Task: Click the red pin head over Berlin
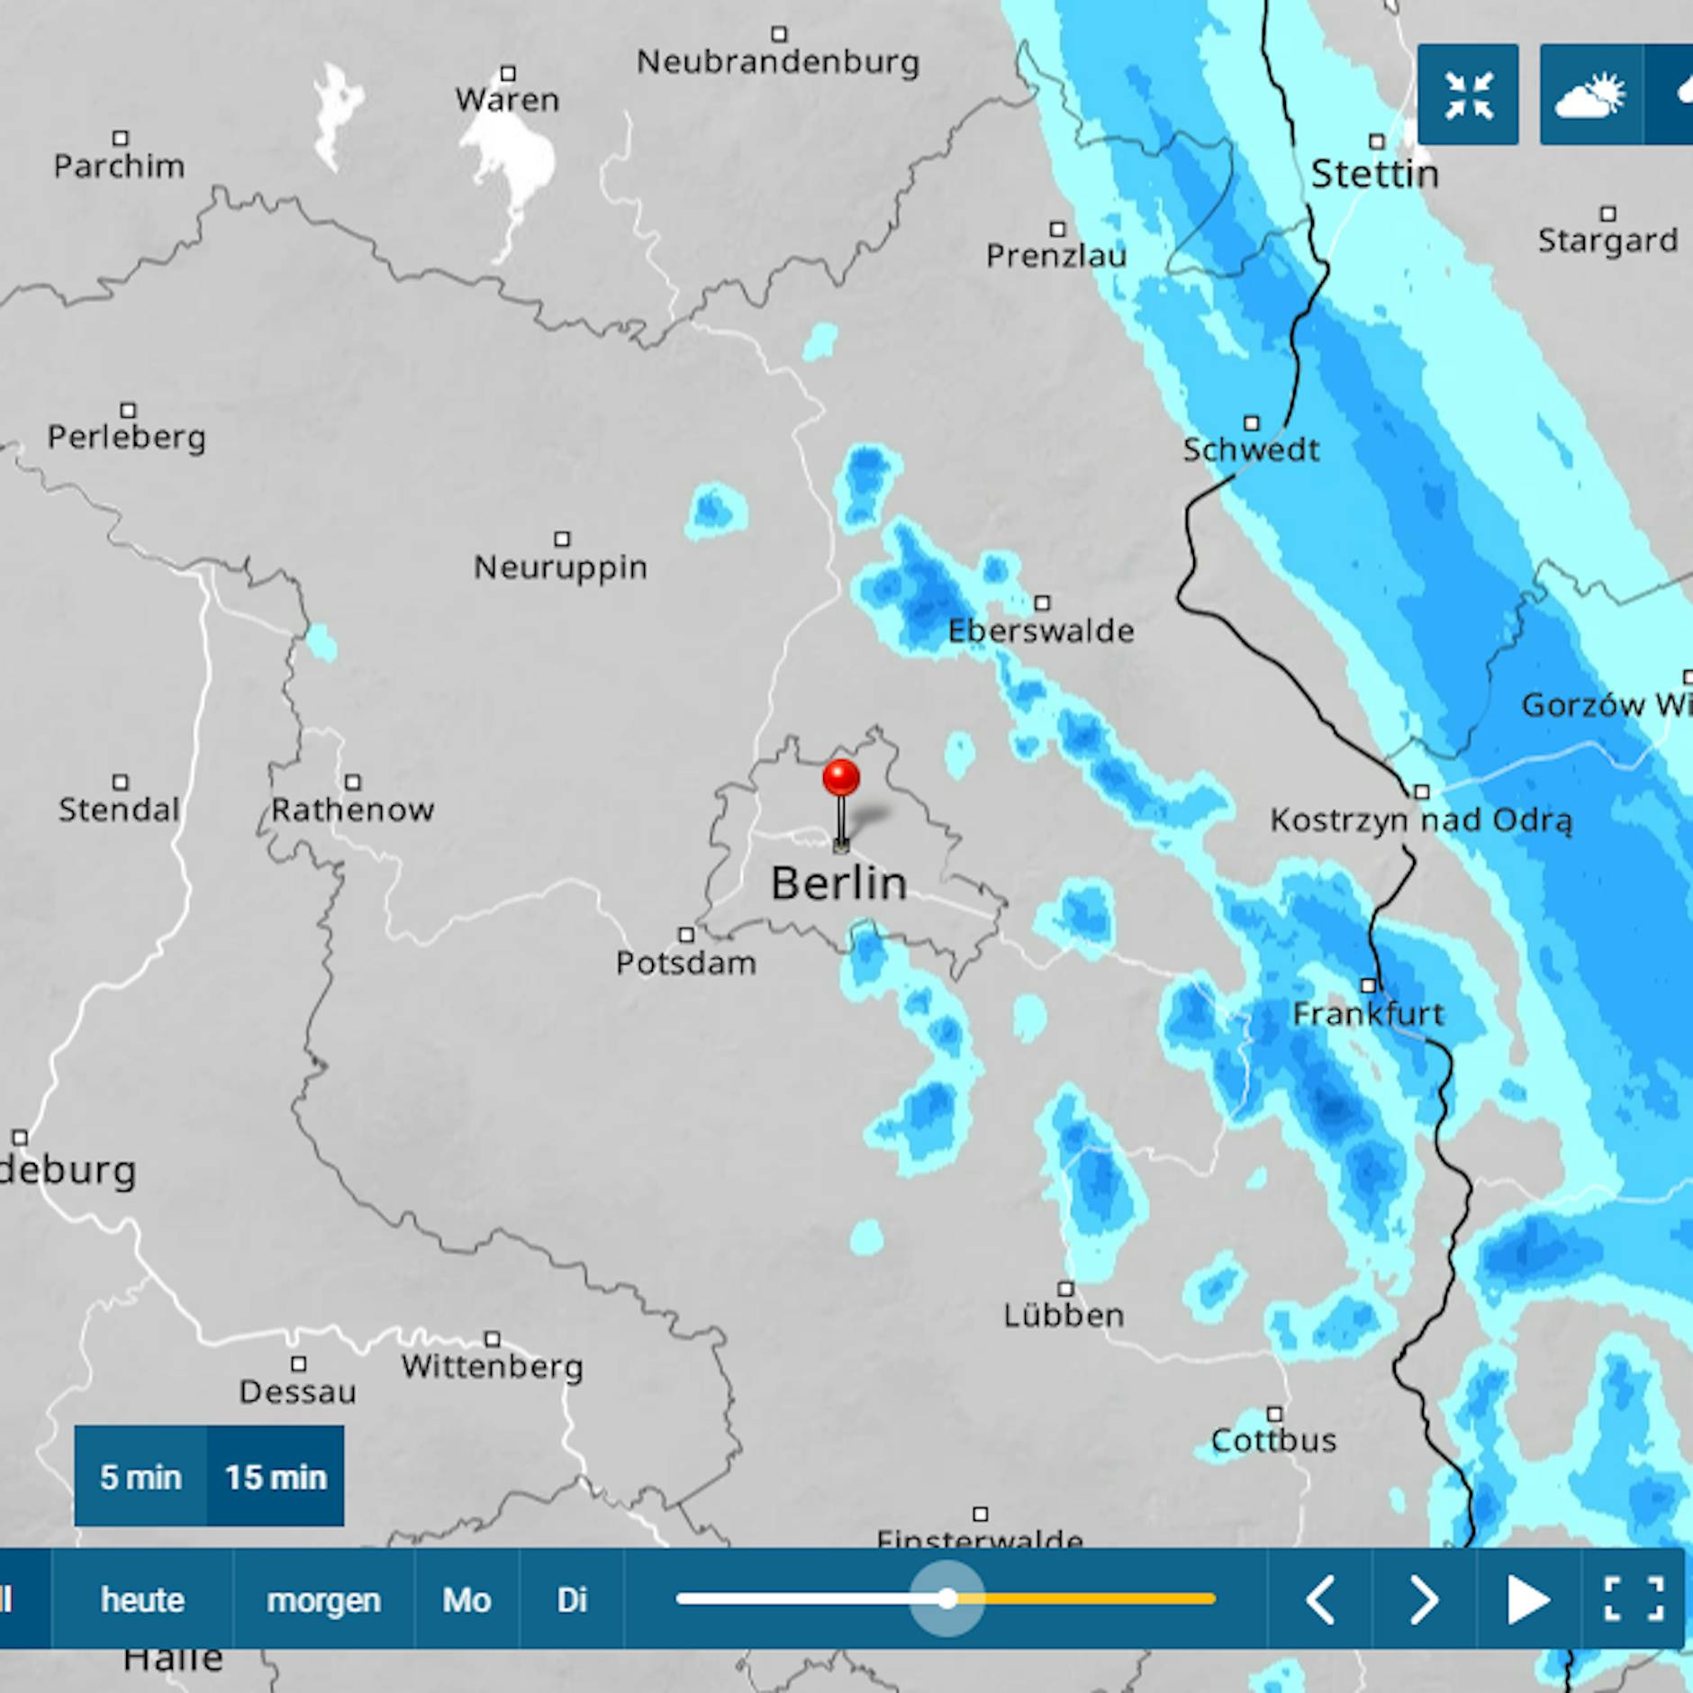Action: click(x=841, y=777)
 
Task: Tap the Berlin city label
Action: click(x=838, y=883)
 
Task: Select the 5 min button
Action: click(x=140, y=1477)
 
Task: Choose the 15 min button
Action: click(x=276, y=1477)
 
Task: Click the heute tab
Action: click(x=142, y=1600)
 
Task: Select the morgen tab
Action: click(x=323, y=1600)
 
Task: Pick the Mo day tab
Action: click(x=466, y=1600)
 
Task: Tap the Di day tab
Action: click(x=572, y=1600)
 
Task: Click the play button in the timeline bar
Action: click(x=1527, y=1600)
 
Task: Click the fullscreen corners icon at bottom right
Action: click(x=1633, y=1600)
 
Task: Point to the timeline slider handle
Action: click(x=946, y=1599)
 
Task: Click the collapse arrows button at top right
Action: click(x=1468, y=95)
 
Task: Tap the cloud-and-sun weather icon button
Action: click(x=1590, y=95)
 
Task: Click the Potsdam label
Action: click(x=685, y=964)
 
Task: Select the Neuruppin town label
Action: click(x=560, y=567)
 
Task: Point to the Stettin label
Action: click(x=1374, y=174)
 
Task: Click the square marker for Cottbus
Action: click(x=1274, y=1414)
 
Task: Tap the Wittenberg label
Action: click(x=493, y=1367)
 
